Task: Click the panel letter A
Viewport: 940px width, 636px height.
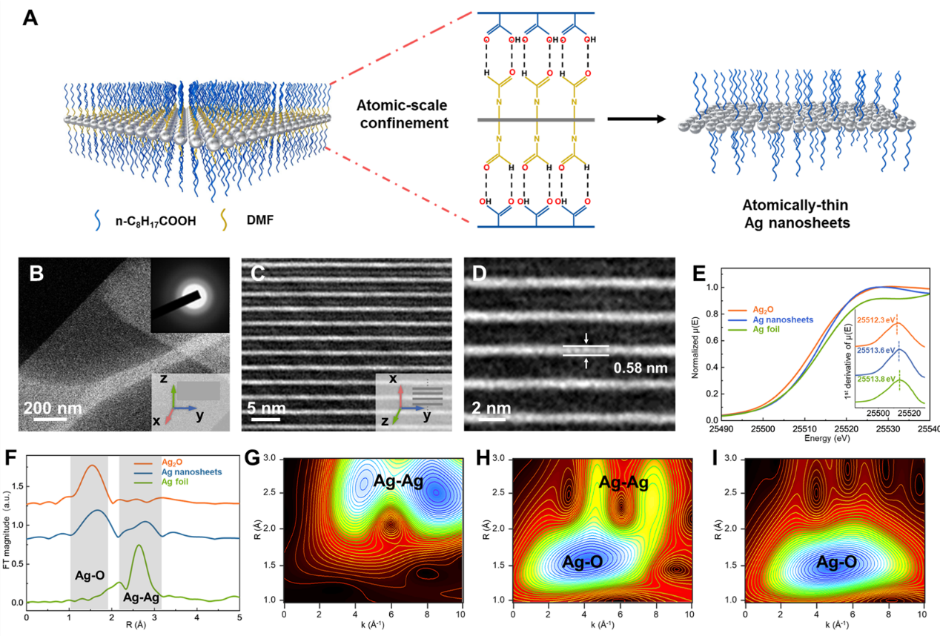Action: click(30, 16)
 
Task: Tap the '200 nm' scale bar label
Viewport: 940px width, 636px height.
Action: click(52, 408)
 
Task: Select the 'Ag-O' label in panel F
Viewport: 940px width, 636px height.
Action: click(90, 574)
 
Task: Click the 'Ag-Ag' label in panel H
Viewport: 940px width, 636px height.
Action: click(621, 482)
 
